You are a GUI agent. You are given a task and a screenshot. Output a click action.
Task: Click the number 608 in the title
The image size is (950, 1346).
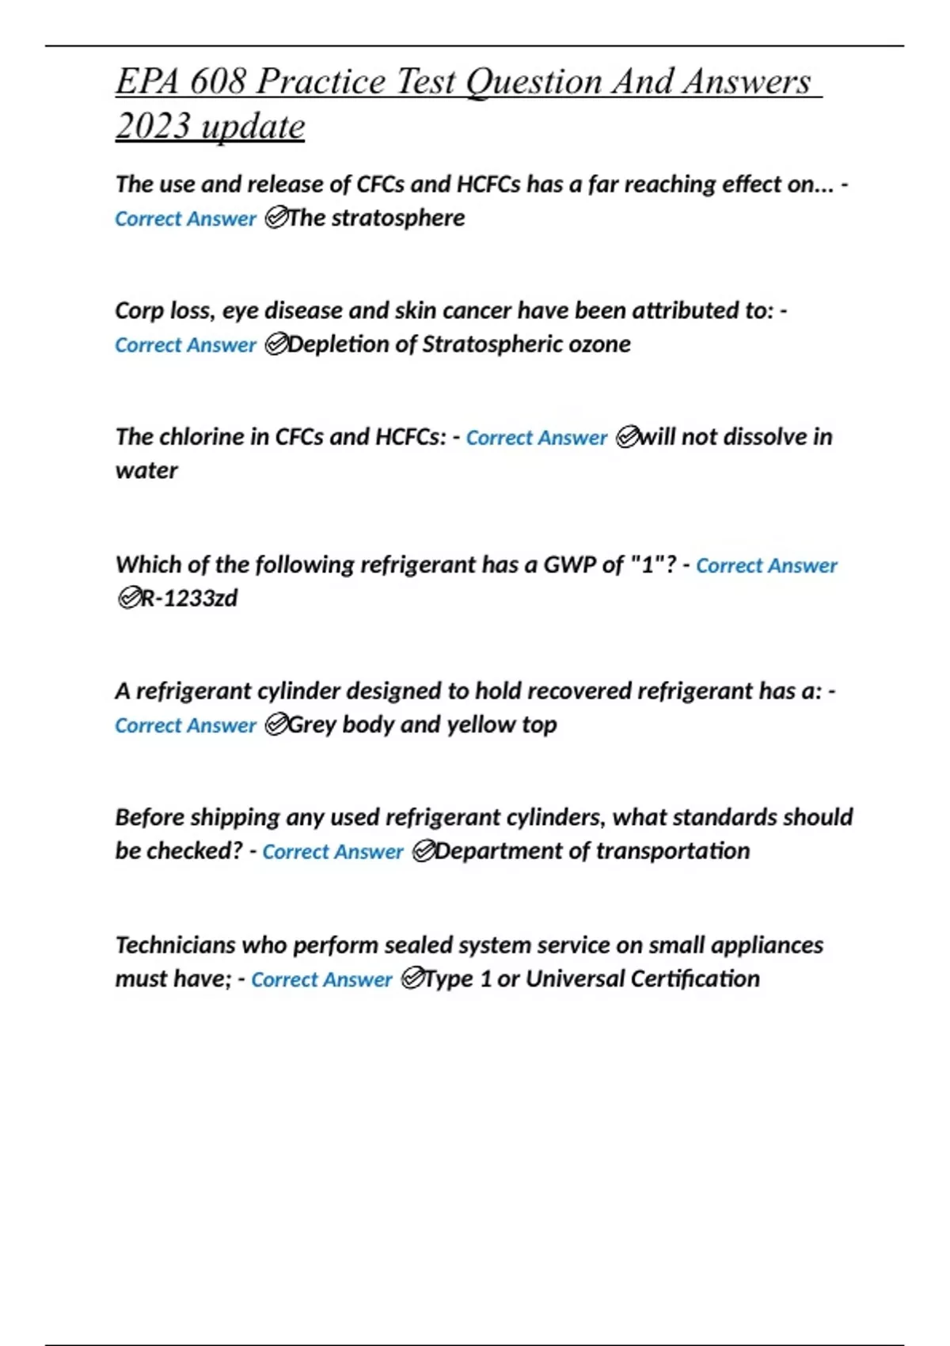coord(218,82)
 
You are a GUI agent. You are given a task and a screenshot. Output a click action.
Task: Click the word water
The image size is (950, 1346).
coord(146,470)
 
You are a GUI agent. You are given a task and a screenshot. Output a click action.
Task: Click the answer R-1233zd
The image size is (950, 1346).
coord(189,598)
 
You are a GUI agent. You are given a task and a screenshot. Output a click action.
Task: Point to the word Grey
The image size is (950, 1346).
coord(312,724)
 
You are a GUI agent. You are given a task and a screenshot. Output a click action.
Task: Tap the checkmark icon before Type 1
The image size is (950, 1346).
coord(412,979)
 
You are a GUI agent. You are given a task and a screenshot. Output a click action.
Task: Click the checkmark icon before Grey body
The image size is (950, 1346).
coord(275,724)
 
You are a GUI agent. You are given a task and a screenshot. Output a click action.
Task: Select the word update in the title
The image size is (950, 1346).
coord(253,126)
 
